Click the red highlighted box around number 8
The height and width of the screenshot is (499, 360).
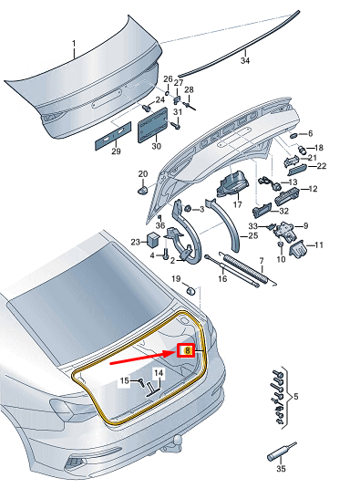coord(188,348)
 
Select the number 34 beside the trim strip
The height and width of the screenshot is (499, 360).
coord(243,62)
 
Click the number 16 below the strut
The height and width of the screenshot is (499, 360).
coord(221,279)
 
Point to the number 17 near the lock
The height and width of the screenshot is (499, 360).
coord(236,204)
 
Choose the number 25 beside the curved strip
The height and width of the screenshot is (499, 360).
coord(252,234)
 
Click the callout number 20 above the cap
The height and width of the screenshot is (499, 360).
coord(141,173)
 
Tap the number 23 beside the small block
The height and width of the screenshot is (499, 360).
coord(135,242)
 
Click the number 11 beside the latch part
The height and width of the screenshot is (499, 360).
coord(320,245)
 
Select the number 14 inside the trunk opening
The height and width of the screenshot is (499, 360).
coord(158,373)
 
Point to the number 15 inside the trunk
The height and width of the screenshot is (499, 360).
coord(125,379)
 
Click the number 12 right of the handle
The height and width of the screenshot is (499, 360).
coord(313,189)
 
